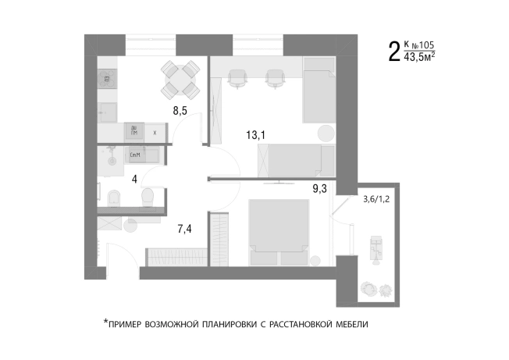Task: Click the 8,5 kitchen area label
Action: coord(180,111)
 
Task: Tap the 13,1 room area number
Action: coord(256,135)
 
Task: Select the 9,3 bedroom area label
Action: coord(320,187)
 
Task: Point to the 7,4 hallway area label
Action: coord(185,229)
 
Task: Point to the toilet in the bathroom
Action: coord(113,197)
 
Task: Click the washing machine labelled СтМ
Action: coord(135,155)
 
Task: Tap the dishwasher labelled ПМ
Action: coord(135,131)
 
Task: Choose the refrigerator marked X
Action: coord(155,133)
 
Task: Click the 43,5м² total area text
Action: coord(419,57)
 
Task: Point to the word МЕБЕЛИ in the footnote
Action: coord(349,323)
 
